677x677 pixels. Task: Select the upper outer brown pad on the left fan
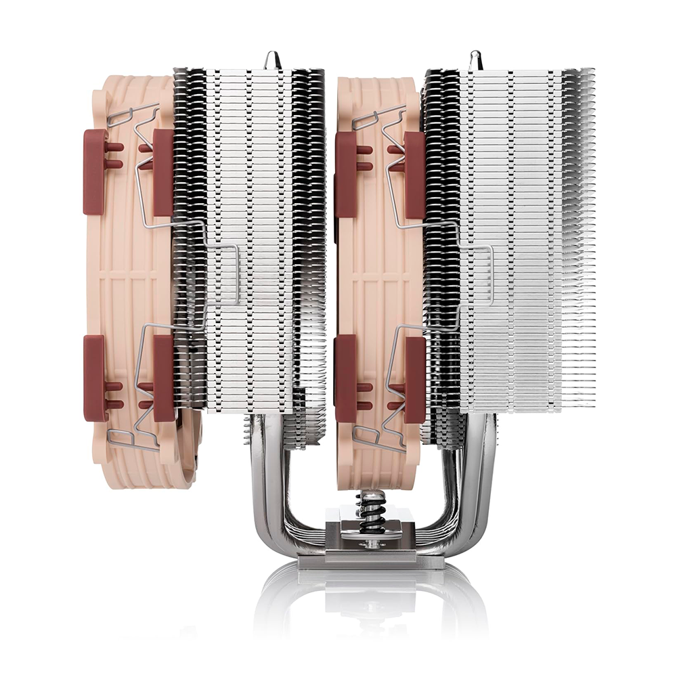95,172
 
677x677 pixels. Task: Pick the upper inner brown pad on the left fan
164,172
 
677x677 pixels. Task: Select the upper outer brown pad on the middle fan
346,173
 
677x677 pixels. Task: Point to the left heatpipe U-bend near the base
271,501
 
